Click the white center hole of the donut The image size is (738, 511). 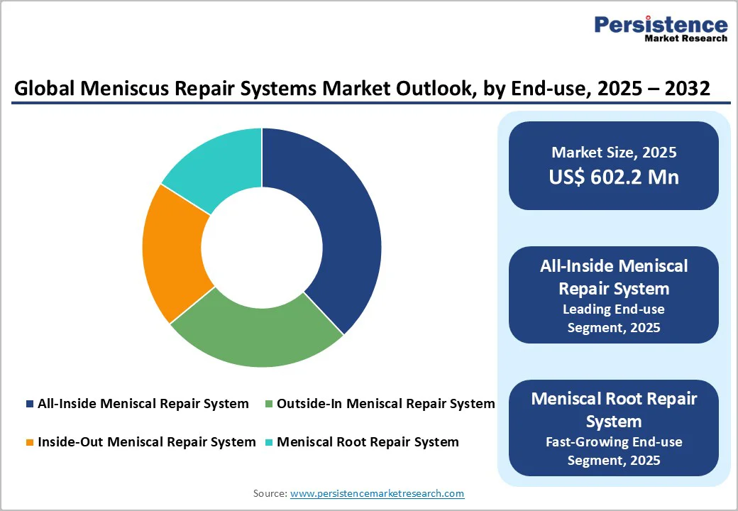click(261, 248)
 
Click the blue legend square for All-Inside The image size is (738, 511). click(29, 404)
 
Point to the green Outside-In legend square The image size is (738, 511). click(268, 404)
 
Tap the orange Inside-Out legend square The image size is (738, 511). click(29, 442)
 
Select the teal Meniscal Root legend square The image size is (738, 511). click(268, 442)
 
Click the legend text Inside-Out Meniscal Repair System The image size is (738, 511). click(146, 442)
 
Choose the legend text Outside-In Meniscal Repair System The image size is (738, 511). click(385, 404)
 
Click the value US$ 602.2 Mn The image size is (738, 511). click(613, 177)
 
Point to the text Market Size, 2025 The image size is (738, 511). click(613, 153)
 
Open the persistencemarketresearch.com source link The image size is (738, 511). click(377, 493)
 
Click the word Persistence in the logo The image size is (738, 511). click(661, 25)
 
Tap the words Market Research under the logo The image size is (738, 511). click(685, 39)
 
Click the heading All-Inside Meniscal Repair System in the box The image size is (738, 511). click(613, 277)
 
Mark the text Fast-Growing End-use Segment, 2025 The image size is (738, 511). click(613, 451)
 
